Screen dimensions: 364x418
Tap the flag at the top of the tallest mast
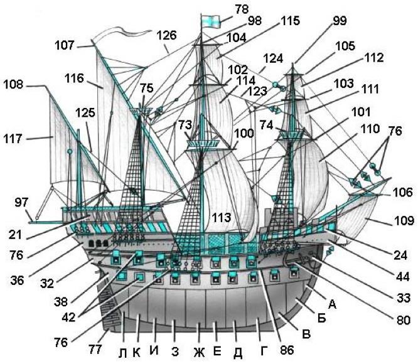pyautogui.click(x=210, y=20)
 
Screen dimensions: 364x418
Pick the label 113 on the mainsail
pyautogui.click(x=220, y=218)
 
